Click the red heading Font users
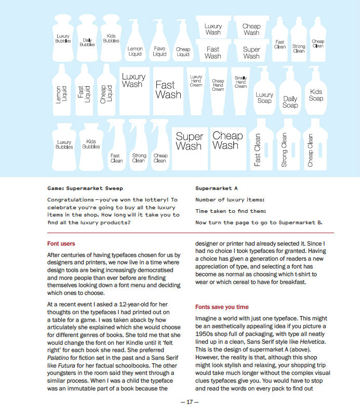61,244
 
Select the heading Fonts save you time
222,307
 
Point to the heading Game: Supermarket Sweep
85,188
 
